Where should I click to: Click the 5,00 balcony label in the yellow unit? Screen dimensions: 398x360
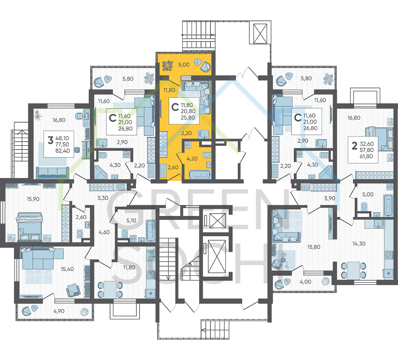pyautogui.click(x=184, y=65)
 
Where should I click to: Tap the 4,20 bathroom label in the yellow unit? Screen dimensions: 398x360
pyautogui.click(x=192, y=159)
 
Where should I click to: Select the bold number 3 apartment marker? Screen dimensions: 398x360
pyautogui.click(x=51, y=140)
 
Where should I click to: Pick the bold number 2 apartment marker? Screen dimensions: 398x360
pyautogui.click(x=355, y=146)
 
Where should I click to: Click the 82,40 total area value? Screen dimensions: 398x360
pyautogui.click(x=63, y=151)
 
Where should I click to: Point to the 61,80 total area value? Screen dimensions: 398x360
pyautogui.click(x=366, y=156)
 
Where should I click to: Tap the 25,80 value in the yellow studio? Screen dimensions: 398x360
pyautogui.click(x=188, y=118)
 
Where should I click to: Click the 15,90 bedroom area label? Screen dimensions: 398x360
pyautogui.click(x=33, y=199)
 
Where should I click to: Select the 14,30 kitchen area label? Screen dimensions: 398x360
pyautogui.click(x=359, y=244)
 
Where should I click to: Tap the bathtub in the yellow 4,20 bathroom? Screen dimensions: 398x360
pyautogui.click(x=200, y=174)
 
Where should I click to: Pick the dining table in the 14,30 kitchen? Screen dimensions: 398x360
pyautogui.click(x=353, y=270)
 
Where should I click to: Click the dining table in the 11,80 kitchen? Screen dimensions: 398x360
pyautogui.click(x=110, y=290)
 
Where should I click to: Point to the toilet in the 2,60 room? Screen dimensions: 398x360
pyautogui.click(x=80, y=233)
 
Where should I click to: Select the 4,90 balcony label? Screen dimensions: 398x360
pyautogui.click(x=59, y=311)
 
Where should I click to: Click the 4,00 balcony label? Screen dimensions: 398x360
pyautogui.click(x=305, y=282)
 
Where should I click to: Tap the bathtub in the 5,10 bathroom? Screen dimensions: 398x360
pyautogui.click(x=150, y=231)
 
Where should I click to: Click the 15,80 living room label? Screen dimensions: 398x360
pyautogui.click(x=314, y=247)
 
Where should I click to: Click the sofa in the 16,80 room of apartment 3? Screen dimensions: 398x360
pyautogui.click(x=53, y=172)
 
